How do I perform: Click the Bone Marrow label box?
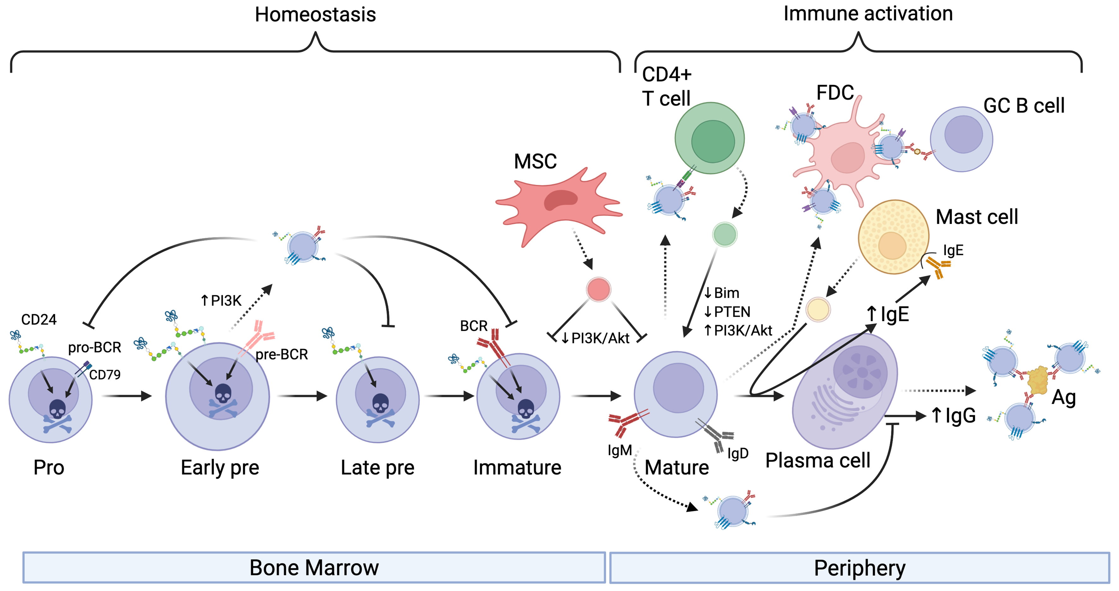tap(314, 567)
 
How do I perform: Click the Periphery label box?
tap(859, 567)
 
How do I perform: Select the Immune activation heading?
tap(868, 14)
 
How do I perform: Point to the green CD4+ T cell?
tap(709, 138)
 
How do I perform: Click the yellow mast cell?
tap(893, 237)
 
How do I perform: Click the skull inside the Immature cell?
tap(526, 409)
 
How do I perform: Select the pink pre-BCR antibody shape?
tap(259, 337)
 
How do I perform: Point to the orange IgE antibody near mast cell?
tap(937, 266)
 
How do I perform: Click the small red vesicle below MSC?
tap(598, 290)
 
